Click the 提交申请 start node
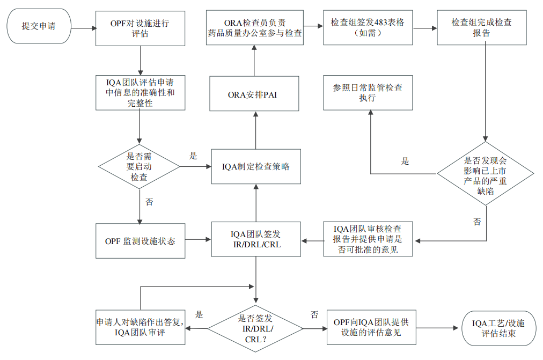tap(39, 26)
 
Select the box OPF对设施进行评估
tap(140, 28)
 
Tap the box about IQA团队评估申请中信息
tap(140, 93)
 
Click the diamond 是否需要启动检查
tap(139, 166)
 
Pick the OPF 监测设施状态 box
tap(140, 241)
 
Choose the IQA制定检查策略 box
tap(256, 166)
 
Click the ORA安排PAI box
tap(254, 94)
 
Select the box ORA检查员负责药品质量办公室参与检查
tap(254, 28)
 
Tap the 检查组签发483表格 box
tap(368, 28)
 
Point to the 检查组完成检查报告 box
tap(482, 28)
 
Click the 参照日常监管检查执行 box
tap(368, 93)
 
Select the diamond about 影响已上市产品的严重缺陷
tap(486, 174)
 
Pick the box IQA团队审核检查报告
tap(368, 239)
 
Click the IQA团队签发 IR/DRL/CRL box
tap(256, 239)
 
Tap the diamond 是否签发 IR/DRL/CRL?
tap(255, 328)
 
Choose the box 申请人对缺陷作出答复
tap(140, 327)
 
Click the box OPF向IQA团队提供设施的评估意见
tap(371, 327)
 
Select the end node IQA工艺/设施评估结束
tap(498, 328)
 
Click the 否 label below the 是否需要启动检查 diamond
tap(149, 202)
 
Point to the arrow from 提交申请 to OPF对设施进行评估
tap(84, 28)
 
